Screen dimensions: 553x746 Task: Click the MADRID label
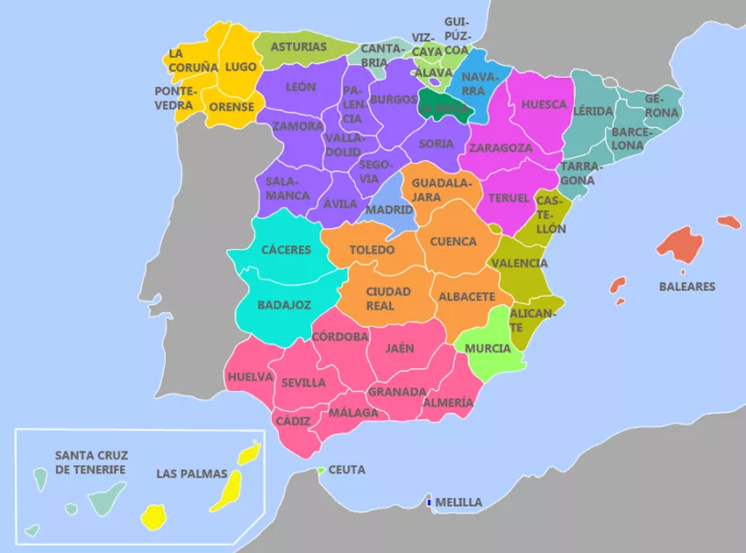point(389,210)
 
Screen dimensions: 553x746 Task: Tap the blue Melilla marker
point(429,502)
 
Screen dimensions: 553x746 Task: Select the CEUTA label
point(346,470)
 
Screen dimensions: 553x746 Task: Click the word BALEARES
point(687,287)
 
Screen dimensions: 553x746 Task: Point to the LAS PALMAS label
point(186,473)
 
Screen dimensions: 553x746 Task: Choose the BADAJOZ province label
point(284,304)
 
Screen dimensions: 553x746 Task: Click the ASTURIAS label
point(298,47)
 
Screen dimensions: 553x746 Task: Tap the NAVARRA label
point(473,84)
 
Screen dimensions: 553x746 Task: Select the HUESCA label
point(544,104)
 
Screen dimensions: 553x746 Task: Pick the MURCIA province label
point(488,349)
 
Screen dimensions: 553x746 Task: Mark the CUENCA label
point(453,242)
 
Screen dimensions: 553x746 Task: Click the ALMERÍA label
point(449,402)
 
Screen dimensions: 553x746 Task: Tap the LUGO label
point(241,67)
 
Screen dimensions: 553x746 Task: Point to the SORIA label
point(436,144)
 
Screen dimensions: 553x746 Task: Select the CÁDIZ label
point(293,420)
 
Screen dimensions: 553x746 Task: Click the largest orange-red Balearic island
point(681,244)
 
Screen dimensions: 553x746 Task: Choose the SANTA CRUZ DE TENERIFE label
point(92,462)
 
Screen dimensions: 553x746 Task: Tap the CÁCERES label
point(286,250)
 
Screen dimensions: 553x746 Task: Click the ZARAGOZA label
point(500,147)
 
